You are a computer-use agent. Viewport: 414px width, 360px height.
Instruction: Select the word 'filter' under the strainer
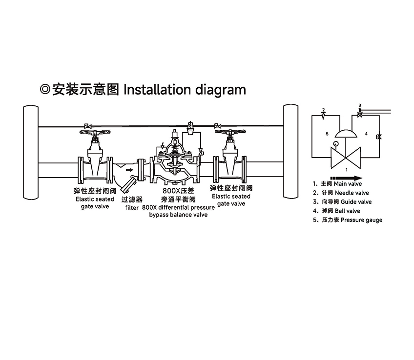[x=132, y=207]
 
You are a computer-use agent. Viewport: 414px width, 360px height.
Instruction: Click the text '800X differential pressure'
[x=179, y=207]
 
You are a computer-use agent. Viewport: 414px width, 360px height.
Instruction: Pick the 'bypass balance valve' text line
[x=178, y=215]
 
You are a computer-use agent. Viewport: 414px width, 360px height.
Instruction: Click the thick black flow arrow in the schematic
[x=347, y=178]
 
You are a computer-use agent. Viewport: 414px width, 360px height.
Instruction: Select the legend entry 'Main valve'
[x=348, y=184]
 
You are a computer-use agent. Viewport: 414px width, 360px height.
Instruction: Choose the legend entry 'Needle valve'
[x=351, y=193]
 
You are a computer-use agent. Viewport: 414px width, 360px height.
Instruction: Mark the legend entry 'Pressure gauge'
[x=361, y=220]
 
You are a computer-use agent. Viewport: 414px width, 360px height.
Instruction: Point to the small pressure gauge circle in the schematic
[x=334, y=144]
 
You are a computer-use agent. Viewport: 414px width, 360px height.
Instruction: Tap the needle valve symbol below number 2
[x=323, y=116]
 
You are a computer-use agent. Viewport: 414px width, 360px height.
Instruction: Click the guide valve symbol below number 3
[x=360, y=114]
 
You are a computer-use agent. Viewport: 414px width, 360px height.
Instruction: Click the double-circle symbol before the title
[x=44, y=90]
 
